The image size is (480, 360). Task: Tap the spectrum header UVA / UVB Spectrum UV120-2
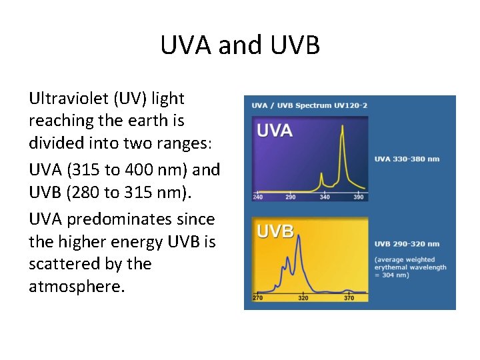coord(309,105)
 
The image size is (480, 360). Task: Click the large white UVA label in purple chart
coord(275,130)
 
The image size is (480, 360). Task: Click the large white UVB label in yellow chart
coord(275,231)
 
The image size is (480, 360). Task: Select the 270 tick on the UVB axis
coord(257,298)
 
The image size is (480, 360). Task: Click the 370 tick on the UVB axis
coord(349,298)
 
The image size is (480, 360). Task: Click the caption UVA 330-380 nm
coord(407,159)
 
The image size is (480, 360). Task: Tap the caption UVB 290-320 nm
coord(407,244)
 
